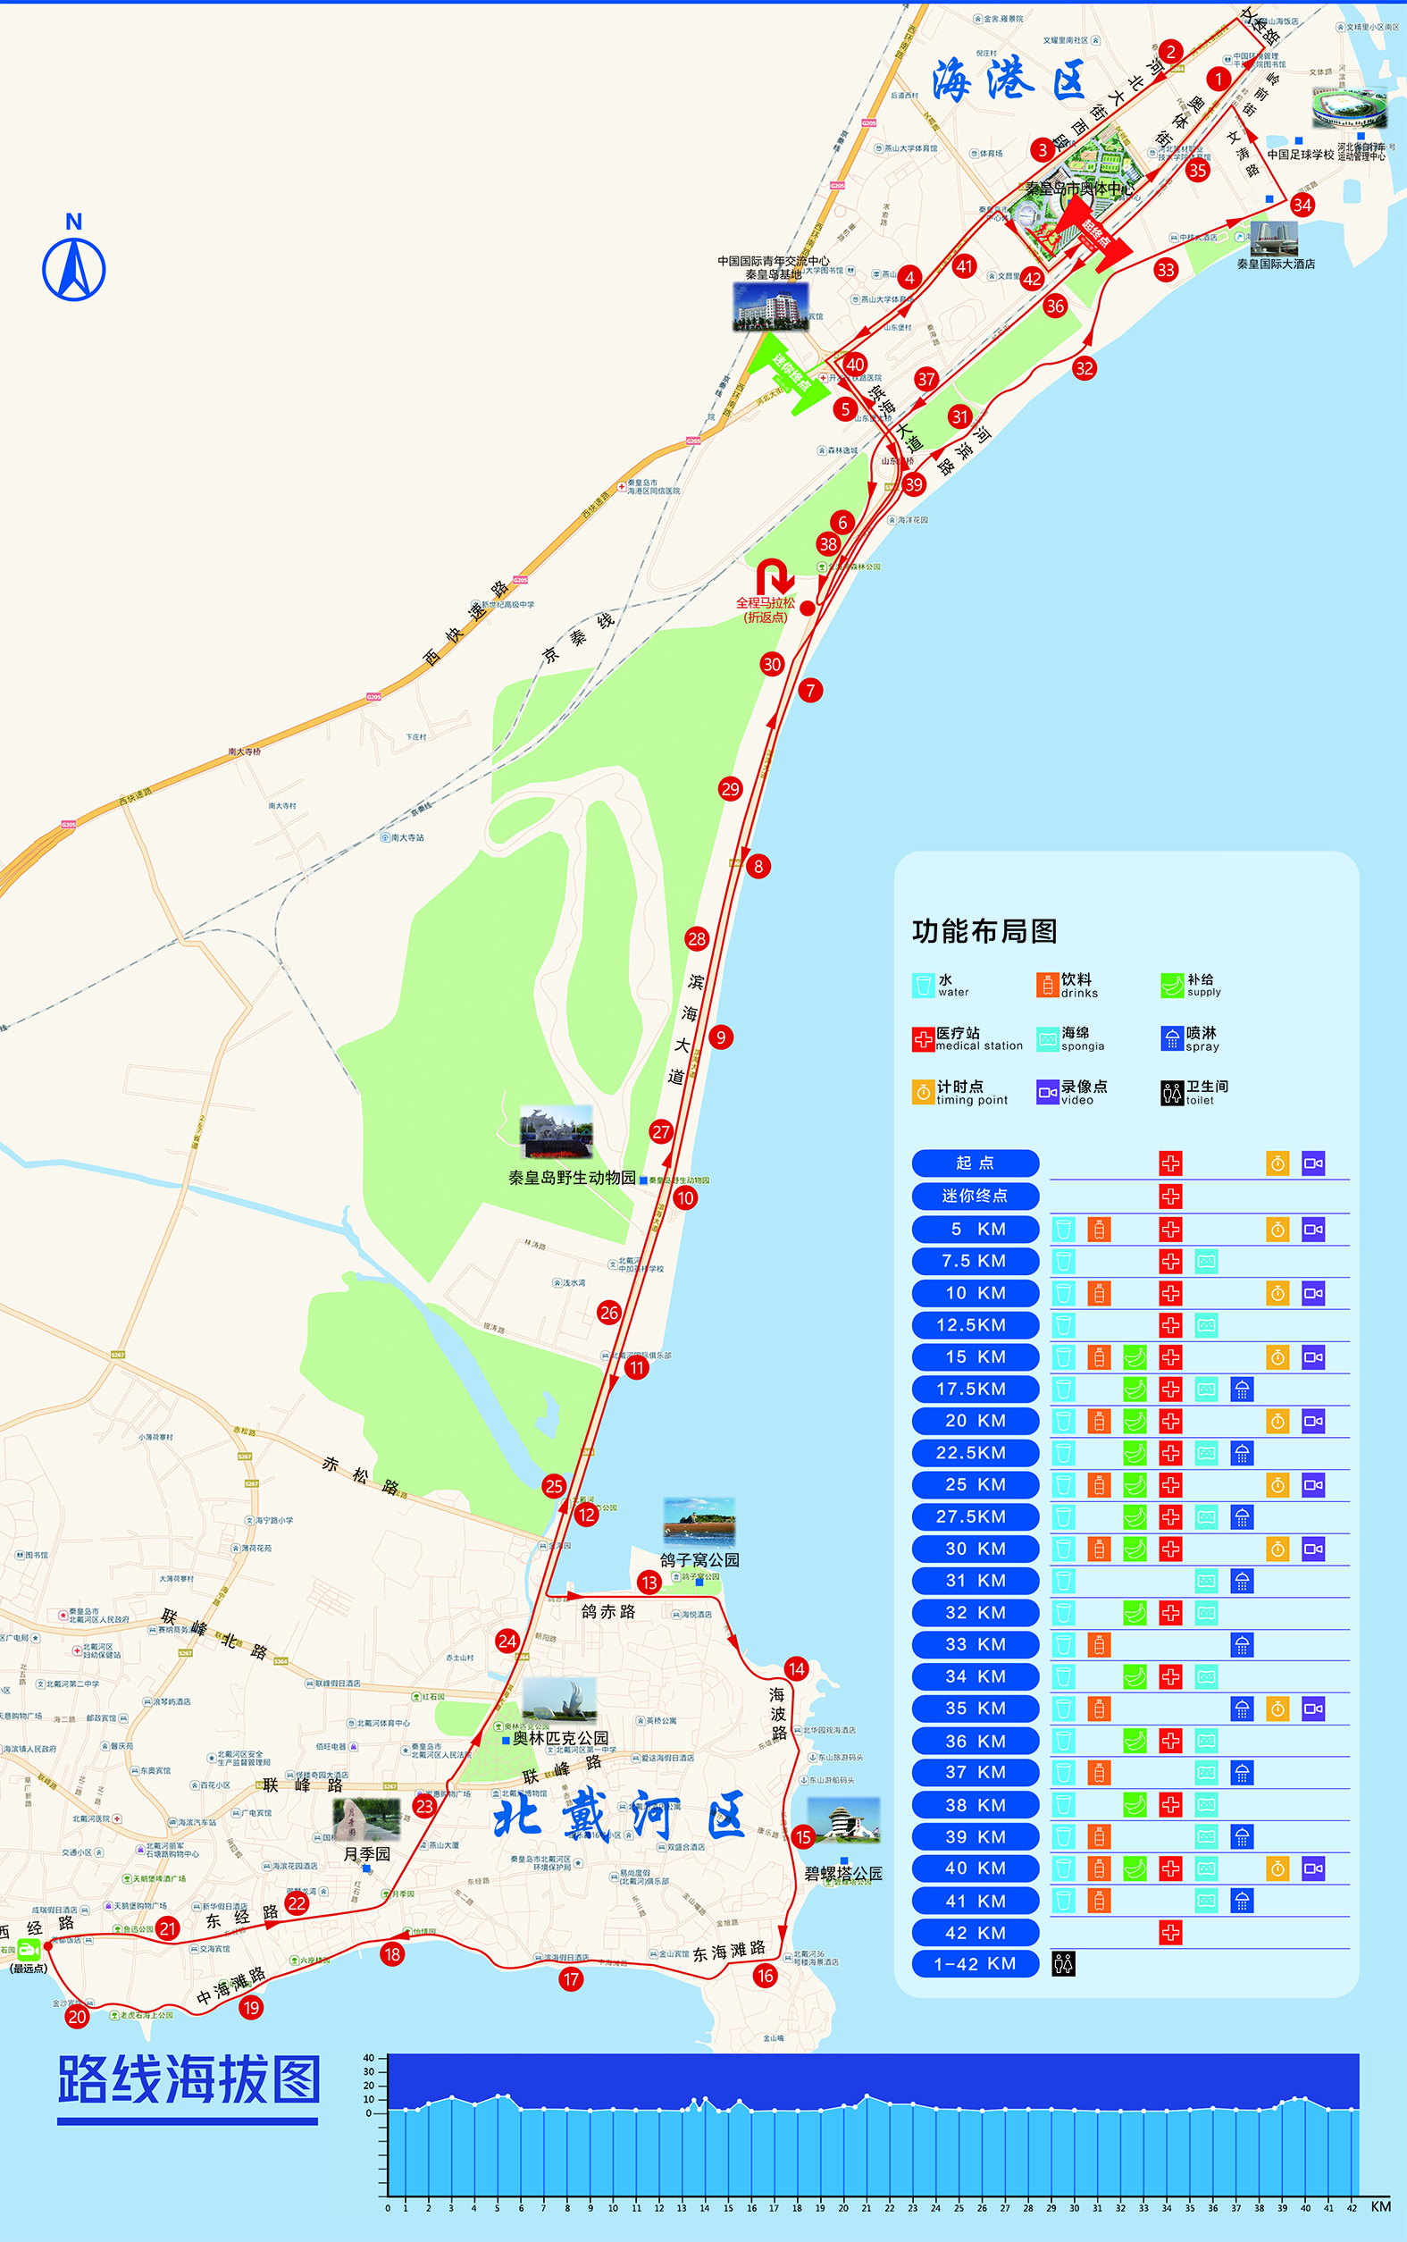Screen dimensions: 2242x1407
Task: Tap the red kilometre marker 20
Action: pyautogui.click(x=77, y=2017)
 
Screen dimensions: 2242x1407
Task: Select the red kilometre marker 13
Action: pyautogui.click(x=649, y=1583)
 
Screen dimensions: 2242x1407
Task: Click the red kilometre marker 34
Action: pyautogui.click(x=1302, y=205)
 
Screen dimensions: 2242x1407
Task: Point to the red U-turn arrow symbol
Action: pyautogui.click(x=775, y=576)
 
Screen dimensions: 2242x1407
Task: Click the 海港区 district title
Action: pyautogui.click(x=1009, y=80)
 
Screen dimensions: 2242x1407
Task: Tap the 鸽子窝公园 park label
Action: pyautogui.click(x=699, y=1560)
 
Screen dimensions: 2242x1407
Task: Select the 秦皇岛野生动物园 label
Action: pyautogui.click(x=572, y=1178)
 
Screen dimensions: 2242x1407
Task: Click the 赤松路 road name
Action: pyautogui.click(x=361, y=1475)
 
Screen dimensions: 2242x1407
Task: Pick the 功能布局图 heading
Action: pyautogui.click(x=984, y=931)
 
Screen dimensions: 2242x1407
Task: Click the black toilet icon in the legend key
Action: pyautogui.click(x=1171, y=1093)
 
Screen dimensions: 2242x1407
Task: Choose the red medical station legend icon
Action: pyautogui.click(x=923, y=1039)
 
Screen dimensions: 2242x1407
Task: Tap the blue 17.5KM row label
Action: pyautogui.click(x=976, y=1389)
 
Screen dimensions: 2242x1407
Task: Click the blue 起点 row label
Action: pyautogui.click(x=976, y=1163)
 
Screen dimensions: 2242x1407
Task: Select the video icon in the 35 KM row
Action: pyautogui.click(x=1313, y=1709)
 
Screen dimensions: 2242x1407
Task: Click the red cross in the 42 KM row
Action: pyautogui.click(x=1170, y=1933)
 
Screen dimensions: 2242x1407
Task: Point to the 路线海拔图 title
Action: pyautogui.click(x=188, y=2081)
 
